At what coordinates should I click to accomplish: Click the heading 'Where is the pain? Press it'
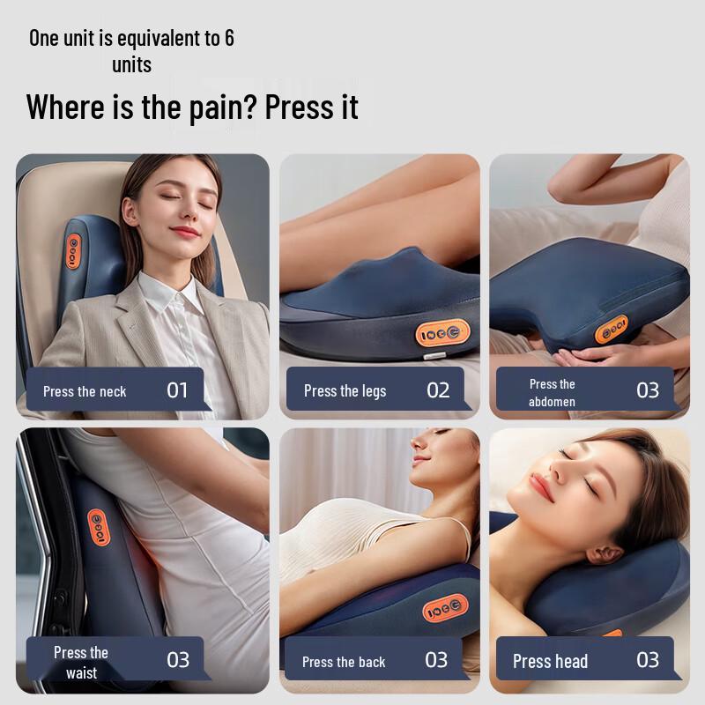pos(192,107)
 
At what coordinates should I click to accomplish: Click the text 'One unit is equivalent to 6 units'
pos(131,51)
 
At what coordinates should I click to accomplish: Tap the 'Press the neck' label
pos(85,391)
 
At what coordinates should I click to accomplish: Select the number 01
pos(177,390)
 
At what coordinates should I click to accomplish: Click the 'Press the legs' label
pos(345,390)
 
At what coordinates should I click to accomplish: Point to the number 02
pos(438,390)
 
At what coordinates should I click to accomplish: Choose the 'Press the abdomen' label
pos(552,393)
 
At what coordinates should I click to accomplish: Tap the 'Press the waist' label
pos(81,663)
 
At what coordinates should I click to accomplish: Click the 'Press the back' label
pos(344,662)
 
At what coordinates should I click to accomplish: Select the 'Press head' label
pos(550,661)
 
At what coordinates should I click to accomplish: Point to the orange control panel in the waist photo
pos(98,526)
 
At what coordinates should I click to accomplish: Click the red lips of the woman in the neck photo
pos(184,232)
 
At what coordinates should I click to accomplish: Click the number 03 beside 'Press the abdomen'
pos(648,390)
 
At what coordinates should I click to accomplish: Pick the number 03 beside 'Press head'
pos(648,659)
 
